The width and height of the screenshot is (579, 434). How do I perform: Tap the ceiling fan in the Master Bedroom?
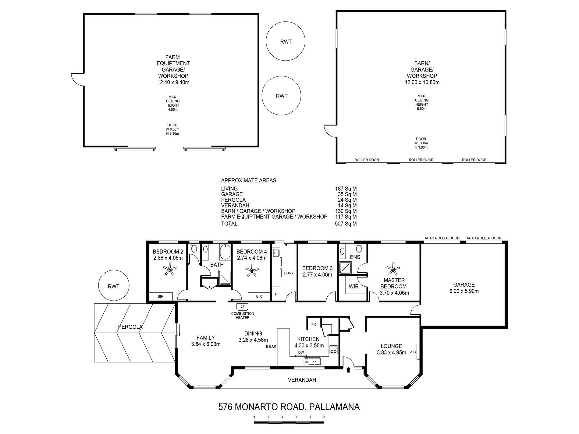click(393, 269)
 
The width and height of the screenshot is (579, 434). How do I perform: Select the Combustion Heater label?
click(243, 316)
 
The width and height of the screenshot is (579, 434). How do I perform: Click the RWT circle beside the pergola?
click(114, 286)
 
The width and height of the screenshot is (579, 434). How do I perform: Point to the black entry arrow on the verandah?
click(348, 369)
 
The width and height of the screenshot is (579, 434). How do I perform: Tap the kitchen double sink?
click(312, 361)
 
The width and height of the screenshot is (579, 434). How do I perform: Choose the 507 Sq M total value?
click(346, 224)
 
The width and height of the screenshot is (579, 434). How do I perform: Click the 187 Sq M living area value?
click(346, 189)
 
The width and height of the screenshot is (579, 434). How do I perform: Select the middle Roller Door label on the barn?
click(421, 160)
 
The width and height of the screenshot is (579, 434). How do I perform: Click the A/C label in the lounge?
click(413, 352)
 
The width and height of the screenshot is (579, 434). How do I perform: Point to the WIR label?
click(353, 287)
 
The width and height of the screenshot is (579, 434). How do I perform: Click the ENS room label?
click(355, 257)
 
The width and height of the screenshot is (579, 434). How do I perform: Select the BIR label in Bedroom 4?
click(259, 296)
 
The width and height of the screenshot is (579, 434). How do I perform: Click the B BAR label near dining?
click(271, 346)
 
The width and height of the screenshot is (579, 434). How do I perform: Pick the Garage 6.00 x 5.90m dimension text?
click(464, 291)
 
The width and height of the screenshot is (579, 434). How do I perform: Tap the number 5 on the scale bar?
click(324, 417)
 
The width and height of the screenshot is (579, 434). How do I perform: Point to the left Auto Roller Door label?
click(442, 238)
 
